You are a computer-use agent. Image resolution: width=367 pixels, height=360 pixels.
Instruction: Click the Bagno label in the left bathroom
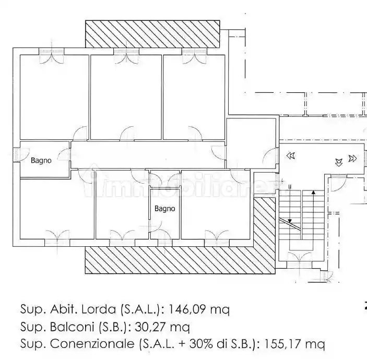click(41, 161)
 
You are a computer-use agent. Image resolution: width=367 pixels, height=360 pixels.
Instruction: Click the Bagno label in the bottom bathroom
click(164, 209)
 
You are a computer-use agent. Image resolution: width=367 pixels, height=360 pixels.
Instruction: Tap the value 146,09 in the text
click(188, 309)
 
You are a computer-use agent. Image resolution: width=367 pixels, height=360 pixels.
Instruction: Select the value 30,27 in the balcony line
click(151, 327)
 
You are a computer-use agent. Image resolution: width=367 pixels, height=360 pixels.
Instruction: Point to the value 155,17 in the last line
click(283, 344)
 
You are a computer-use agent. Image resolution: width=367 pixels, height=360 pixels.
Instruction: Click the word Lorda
click(99, 309)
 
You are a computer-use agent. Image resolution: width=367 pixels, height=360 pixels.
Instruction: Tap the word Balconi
click(72, 327)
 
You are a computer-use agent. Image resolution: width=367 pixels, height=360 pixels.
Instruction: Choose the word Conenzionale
click(92, 344)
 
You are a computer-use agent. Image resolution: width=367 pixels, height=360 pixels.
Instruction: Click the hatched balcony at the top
click(152, 34)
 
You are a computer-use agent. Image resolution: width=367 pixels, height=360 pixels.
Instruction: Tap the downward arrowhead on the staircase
click(290, 221)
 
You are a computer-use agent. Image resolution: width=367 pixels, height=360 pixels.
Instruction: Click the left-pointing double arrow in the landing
click(291, 155)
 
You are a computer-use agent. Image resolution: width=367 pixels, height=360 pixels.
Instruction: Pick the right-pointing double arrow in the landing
click(352, 159)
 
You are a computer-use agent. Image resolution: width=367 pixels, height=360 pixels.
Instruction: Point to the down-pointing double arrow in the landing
click(339, 162)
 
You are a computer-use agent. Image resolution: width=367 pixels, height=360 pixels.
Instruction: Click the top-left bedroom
click(54, 97)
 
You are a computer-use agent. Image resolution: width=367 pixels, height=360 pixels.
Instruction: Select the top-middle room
click(126, 97)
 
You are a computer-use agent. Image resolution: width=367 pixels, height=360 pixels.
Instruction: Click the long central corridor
click(148, 154)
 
